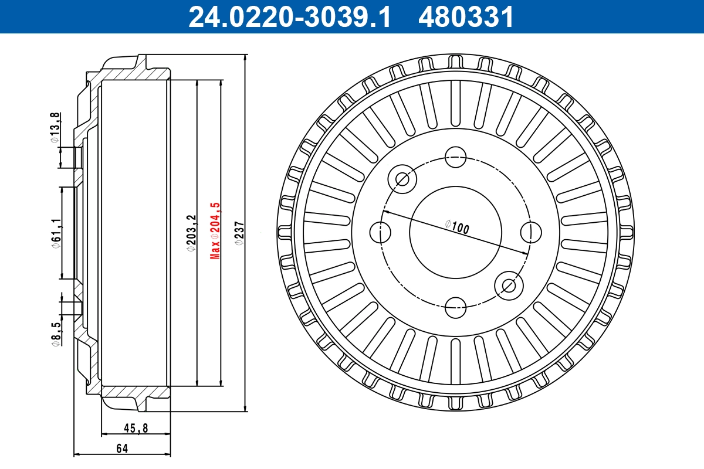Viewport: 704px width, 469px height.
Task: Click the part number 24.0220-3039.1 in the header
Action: [x=289, y=17]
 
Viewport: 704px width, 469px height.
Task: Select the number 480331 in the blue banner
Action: [x=466, y=17]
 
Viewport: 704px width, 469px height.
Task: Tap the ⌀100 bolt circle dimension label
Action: [x=458, y=226]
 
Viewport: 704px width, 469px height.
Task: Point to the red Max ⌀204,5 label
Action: [x=215, y=230]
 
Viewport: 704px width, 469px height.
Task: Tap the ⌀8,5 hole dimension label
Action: [x=55, y=335]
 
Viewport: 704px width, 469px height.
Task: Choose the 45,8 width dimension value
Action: [x=136, y=429]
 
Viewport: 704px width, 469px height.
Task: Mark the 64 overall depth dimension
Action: [x=122, y=449]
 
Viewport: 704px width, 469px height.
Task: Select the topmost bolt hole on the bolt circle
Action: [x=455, y=157]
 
